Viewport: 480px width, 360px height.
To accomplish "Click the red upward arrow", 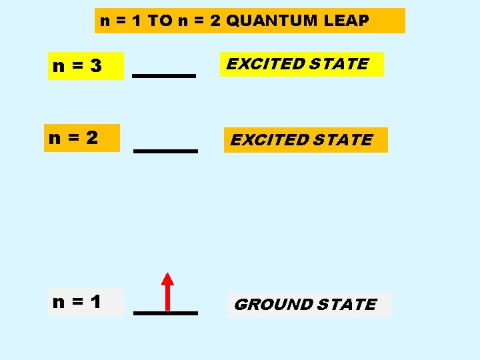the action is (168, 293).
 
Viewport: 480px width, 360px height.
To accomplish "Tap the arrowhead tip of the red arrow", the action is (168, 273).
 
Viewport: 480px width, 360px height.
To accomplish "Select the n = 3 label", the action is (77, 66).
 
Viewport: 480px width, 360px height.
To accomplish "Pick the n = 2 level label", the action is (74, 138).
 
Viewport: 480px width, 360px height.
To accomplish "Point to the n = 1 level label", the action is (77, 302).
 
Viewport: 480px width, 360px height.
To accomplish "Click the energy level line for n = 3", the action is (164, 76).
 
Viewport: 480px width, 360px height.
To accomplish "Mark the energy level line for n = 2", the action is (166, 151).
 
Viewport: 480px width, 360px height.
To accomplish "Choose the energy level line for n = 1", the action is (166, 313).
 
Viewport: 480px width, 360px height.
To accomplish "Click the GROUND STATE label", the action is (306, 305).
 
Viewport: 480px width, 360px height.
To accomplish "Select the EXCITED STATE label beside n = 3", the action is (297, 64).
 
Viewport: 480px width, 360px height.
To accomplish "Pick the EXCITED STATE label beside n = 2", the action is (301, 140).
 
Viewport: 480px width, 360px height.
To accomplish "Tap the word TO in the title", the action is (159, 21).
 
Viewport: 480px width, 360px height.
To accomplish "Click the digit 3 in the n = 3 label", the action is (97, 66).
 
